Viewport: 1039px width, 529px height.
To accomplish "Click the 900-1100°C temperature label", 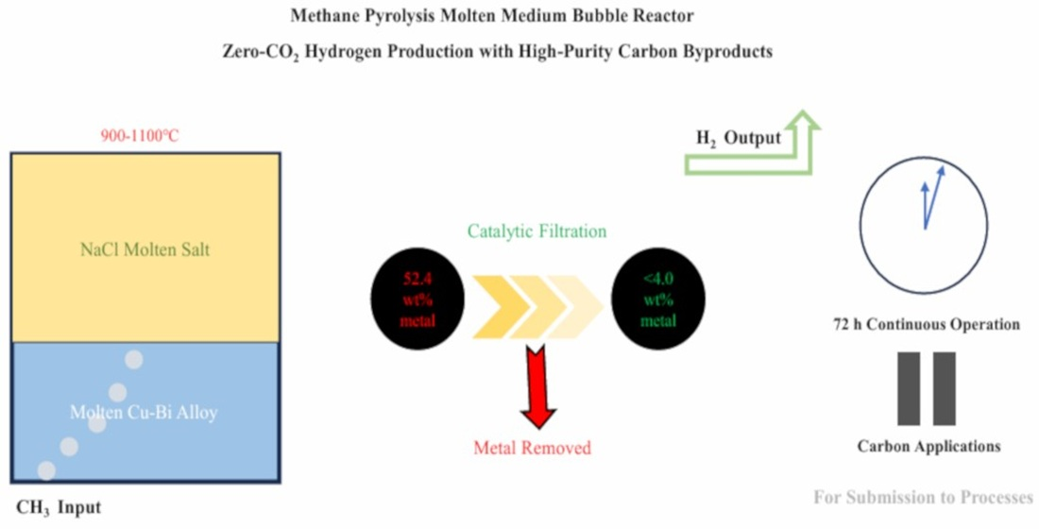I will [140, 136].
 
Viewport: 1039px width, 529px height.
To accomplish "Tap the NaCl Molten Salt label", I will [145, 250].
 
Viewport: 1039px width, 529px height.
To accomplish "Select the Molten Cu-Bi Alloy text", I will [145, 413].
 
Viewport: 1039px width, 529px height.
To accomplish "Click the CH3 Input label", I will [59, 507].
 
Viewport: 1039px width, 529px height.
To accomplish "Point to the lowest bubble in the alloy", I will [45, 469].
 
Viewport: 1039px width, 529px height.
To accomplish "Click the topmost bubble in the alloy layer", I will [134, 360].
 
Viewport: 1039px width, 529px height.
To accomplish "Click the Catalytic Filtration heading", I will [535, 230].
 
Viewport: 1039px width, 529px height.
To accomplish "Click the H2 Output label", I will [739, 139].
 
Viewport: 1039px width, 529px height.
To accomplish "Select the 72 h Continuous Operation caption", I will [925, 324].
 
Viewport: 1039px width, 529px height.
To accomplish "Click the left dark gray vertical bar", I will [909, 388].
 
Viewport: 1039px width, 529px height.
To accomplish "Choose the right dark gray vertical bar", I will [945, 388].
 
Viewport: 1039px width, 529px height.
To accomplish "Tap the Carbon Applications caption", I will [928, 446].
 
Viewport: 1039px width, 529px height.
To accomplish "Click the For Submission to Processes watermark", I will [923, 498].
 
